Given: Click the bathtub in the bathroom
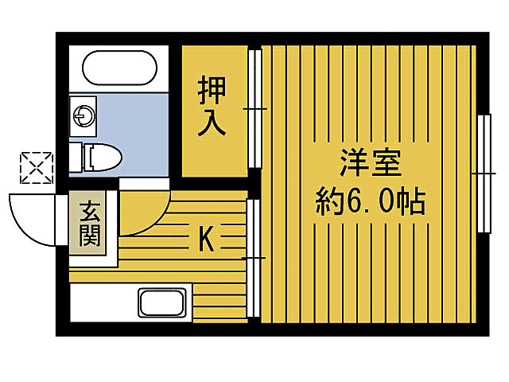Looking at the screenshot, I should [119, 69].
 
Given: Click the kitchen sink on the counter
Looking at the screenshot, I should [162, 303].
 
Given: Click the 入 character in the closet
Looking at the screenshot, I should [212, 123].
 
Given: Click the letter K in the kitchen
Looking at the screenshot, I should [205, 239].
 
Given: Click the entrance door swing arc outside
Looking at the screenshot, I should [32, 218].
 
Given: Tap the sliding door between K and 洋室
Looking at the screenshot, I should [253, 259].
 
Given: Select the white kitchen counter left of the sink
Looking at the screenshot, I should [103, 303].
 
